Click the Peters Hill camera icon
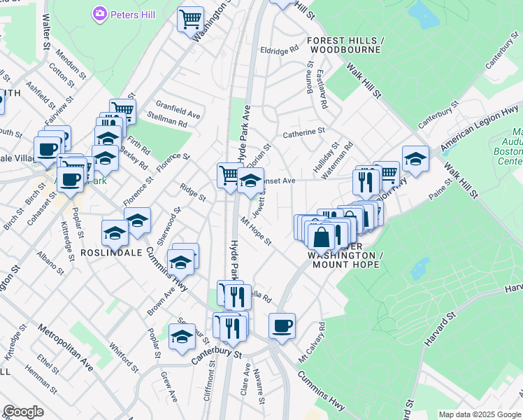pyautogui.click(x=99, y=13)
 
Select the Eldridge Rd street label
pyautogui.click(x=279, y=50)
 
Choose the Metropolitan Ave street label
pyautogui.click(x=66, y=346)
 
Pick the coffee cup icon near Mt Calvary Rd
pyautogui.click(x=282, y=325)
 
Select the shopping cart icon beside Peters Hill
pyautogui.click(x=189, y=18)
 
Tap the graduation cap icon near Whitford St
pyautogui.click(x=182, y=336)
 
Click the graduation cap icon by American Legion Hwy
pyautogui.click(x=415, y=158)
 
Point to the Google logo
pyautogui.click(x=23, y=412)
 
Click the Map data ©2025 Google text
pyautogui.click(x=480, y=414)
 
